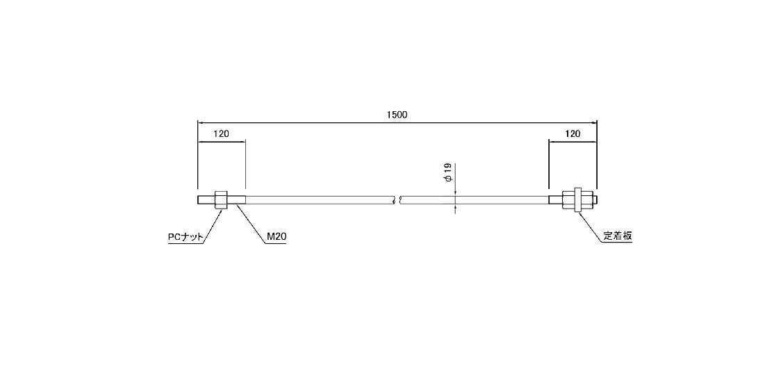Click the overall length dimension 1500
(x=397, y=115)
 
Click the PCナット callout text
(x=186, y=237)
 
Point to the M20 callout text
(x=277, y=237)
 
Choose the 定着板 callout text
(x=617, y=236)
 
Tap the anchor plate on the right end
(x=577, y=200)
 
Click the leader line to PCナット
(x=212, y=225)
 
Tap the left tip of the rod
(x=199, y=200)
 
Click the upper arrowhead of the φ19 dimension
(x=455, y=193)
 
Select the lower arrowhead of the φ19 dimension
(x=455, y=207)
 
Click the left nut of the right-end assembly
(x=570, y=200)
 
